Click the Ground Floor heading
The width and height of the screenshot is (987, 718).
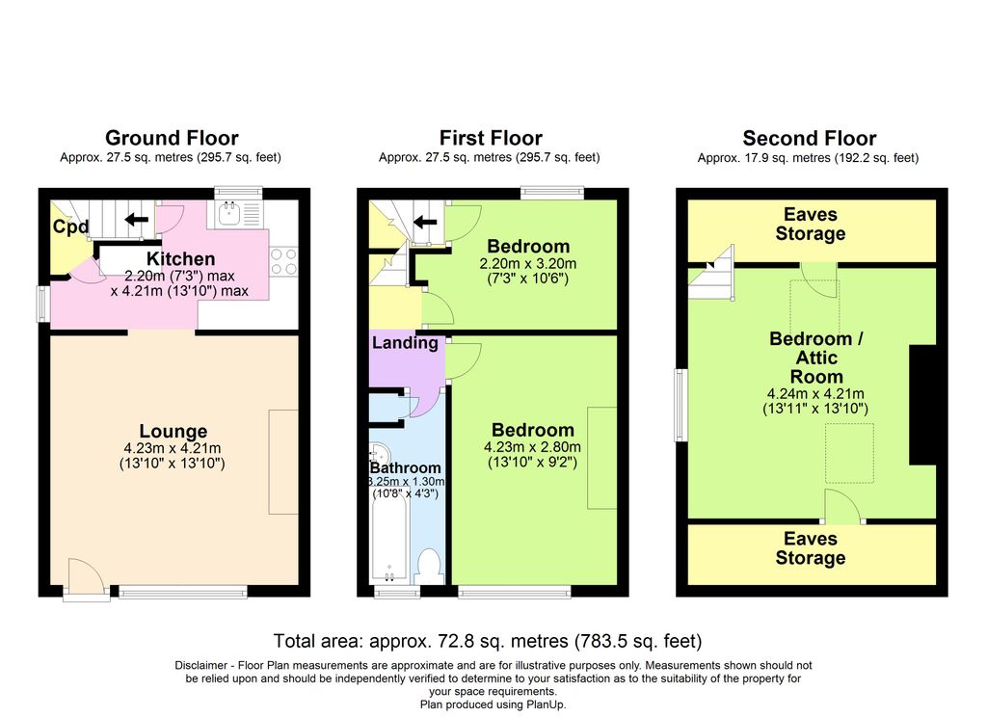coord(172,138)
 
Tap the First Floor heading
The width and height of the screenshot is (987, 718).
coord(491,138)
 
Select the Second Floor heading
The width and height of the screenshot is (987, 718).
coord(810,138)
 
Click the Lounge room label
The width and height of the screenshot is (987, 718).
coord(173,431)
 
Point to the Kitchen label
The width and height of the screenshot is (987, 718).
coord(180,258)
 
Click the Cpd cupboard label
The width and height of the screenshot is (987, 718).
coord(70,226)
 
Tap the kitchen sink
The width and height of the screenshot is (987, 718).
coord(230,214)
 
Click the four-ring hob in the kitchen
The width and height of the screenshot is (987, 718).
coord(283,262)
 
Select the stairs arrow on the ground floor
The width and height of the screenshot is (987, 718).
coord(137,220)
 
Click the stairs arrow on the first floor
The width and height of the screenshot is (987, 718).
coord(425,222)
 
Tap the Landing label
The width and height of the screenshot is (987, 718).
coord(405,343)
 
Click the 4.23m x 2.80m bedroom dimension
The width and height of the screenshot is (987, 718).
coord(532,447)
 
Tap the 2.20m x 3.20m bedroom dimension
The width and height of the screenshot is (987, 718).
coord(528,264)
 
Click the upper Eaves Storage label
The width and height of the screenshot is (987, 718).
coord(810,224)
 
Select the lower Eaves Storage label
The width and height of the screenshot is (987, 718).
coord(810,548)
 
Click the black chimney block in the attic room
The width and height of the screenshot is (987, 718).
coord(922,405)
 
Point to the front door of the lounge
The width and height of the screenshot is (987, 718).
coord(86,577)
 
